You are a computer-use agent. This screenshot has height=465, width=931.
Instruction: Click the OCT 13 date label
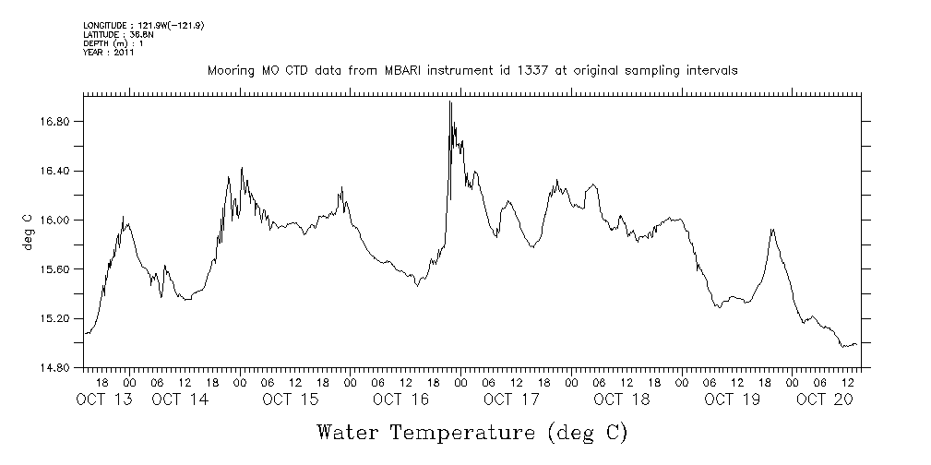104,399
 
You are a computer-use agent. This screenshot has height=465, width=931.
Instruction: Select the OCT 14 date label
180,399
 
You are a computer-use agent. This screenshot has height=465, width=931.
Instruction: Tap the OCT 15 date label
290,399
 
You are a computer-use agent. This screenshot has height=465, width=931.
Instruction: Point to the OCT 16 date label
400,399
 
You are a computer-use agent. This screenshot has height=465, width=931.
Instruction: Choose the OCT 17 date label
510,399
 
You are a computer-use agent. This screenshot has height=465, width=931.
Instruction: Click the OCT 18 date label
621,399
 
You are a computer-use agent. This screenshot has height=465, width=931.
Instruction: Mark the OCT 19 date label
731,399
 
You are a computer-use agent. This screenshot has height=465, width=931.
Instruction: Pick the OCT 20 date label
825,399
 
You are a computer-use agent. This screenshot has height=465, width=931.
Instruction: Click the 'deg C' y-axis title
28,232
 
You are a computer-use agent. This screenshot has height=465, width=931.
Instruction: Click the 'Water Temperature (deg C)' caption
472,432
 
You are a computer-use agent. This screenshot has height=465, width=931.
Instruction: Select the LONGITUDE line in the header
143,26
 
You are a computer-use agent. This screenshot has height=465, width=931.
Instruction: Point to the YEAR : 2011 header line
109,53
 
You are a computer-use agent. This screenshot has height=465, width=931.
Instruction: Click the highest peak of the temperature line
449,101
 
